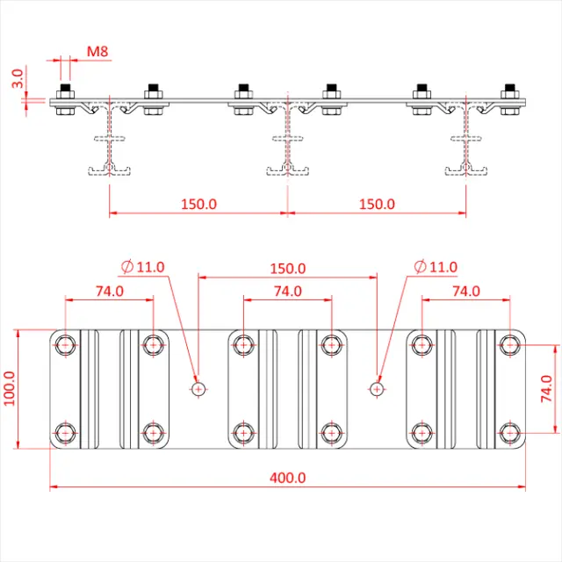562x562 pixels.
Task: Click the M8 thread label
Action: pos(97,53)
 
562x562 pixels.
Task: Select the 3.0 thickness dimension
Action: pos(17,83)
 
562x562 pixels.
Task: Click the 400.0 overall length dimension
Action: pos(287,478)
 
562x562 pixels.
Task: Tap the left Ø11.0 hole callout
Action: pos(146,266)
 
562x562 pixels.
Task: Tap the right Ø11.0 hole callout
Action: pos(436,266)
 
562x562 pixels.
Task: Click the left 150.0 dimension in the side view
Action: pos(198,204)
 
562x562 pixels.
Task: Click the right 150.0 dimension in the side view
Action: pos(377,204)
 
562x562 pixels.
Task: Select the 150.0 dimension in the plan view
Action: pos(287,268)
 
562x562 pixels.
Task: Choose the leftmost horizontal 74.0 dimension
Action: pos(110,291)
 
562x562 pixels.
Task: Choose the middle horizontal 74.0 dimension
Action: pos(287,291)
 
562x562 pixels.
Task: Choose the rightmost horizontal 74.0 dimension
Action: pos(465,291)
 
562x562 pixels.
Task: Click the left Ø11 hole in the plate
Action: pos(198,388)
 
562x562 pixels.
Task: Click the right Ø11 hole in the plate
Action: pos(377,388)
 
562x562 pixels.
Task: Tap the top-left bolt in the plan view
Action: pos(66,344)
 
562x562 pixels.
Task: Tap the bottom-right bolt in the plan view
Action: pos(509,432)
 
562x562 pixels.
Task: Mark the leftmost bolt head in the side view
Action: pos(65,91)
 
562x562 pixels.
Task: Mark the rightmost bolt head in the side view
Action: pos(509,91)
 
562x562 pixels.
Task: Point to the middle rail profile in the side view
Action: pos(287,140)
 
